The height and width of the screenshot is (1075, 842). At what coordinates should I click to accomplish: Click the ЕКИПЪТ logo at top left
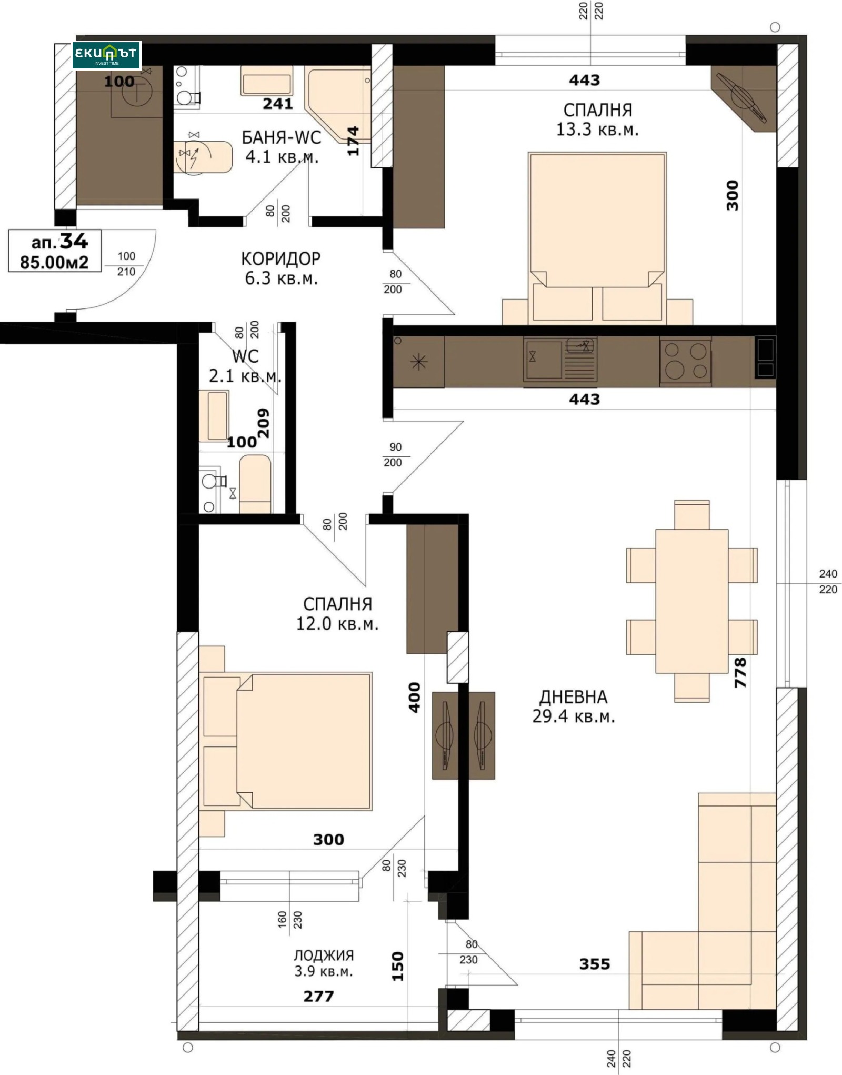(x=106, y=55)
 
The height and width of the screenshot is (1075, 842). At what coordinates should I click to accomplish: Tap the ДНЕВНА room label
(x=573, y=697)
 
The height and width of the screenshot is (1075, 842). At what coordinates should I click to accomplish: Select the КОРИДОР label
(x=280, y=258)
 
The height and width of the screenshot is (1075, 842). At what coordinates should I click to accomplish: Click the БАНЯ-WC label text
(x=281, y=137)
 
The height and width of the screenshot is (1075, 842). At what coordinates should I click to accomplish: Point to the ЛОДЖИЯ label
(x=323, y=955)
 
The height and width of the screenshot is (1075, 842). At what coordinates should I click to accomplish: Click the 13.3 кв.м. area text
(x=597, y=130)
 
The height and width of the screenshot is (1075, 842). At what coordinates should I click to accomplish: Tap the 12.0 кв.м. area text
(x=337, y=624)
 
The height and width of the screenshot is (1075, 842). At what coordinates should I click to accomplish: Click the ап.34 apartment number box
(x=55, y=251)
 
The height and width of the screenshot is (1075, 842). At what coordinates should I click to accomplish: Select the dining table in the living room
(x=691, y=601)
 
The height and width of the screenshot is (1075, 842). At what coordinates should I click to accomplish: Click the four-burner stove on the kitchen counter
(x=685, y=361)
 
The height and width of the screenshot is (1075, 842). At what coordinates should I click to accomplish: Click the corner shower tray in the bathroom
(x=337, y=103)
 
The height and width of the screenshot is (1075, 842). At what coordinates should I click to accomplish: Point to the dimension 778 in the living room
(x=740, y=672)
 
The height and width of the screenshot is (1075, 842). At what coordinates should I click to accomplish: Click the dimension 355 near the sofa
(x=595, y=964)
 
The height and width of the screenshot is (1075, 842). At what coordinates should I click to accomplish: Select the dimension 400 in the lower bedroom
(x=415, y=697)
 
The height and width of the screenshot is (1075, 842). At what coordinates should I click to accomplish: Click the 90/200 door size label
(x=395, y=454)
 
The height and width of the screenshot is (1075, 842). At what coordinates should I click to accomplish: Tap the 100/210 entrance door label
(x=126, y=264)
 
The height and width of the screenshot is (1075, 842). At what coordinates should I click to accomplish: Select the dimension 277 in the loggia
(x=318, y=996)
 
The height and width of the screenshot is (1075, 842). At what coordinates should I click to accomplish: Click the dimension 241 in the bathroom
(x=277, y=104)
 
